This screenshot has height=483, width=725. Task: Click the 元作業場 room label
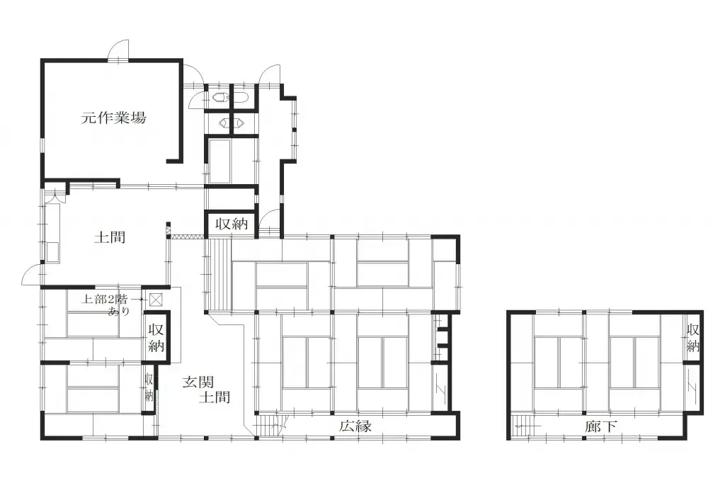tap(113, 118)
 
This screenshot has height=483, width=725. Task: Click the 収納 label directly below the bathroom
tap(231, 225)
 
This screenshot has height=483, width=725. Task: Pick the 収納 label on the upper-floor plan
tap(692, 338)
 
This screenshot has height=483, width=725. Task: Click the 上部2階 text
tap(106, 299)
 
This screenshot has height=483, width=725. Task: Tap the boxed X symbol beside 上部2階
tap(155, 300)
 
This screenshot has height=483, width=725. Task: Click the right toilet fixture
tap(241, 98)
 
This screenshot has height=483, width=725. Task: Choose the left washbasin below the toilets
tap(225, 123)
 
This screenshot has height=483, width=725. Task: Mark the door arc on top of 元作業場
tap(118, 51)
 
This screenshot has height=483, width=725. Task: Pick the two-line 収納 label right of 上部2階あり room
tap(156, 338)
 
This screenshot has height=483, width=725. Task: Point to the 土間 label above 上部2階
tap(110, 237)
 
